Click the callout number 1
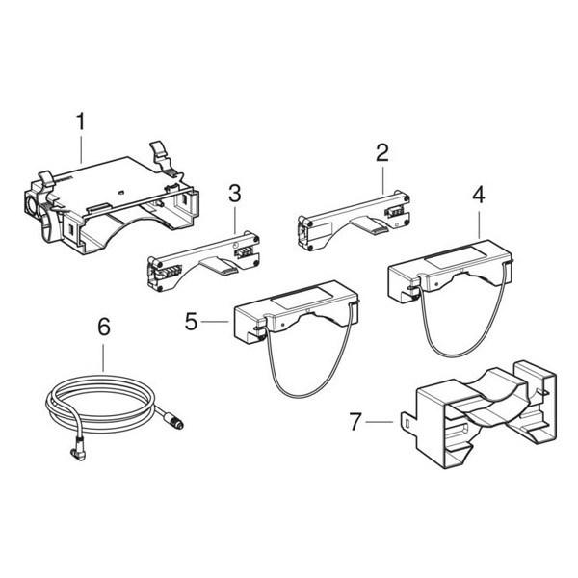point(81,122)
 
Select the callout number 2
point(381,151)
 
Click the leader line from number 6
point(104,356)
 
